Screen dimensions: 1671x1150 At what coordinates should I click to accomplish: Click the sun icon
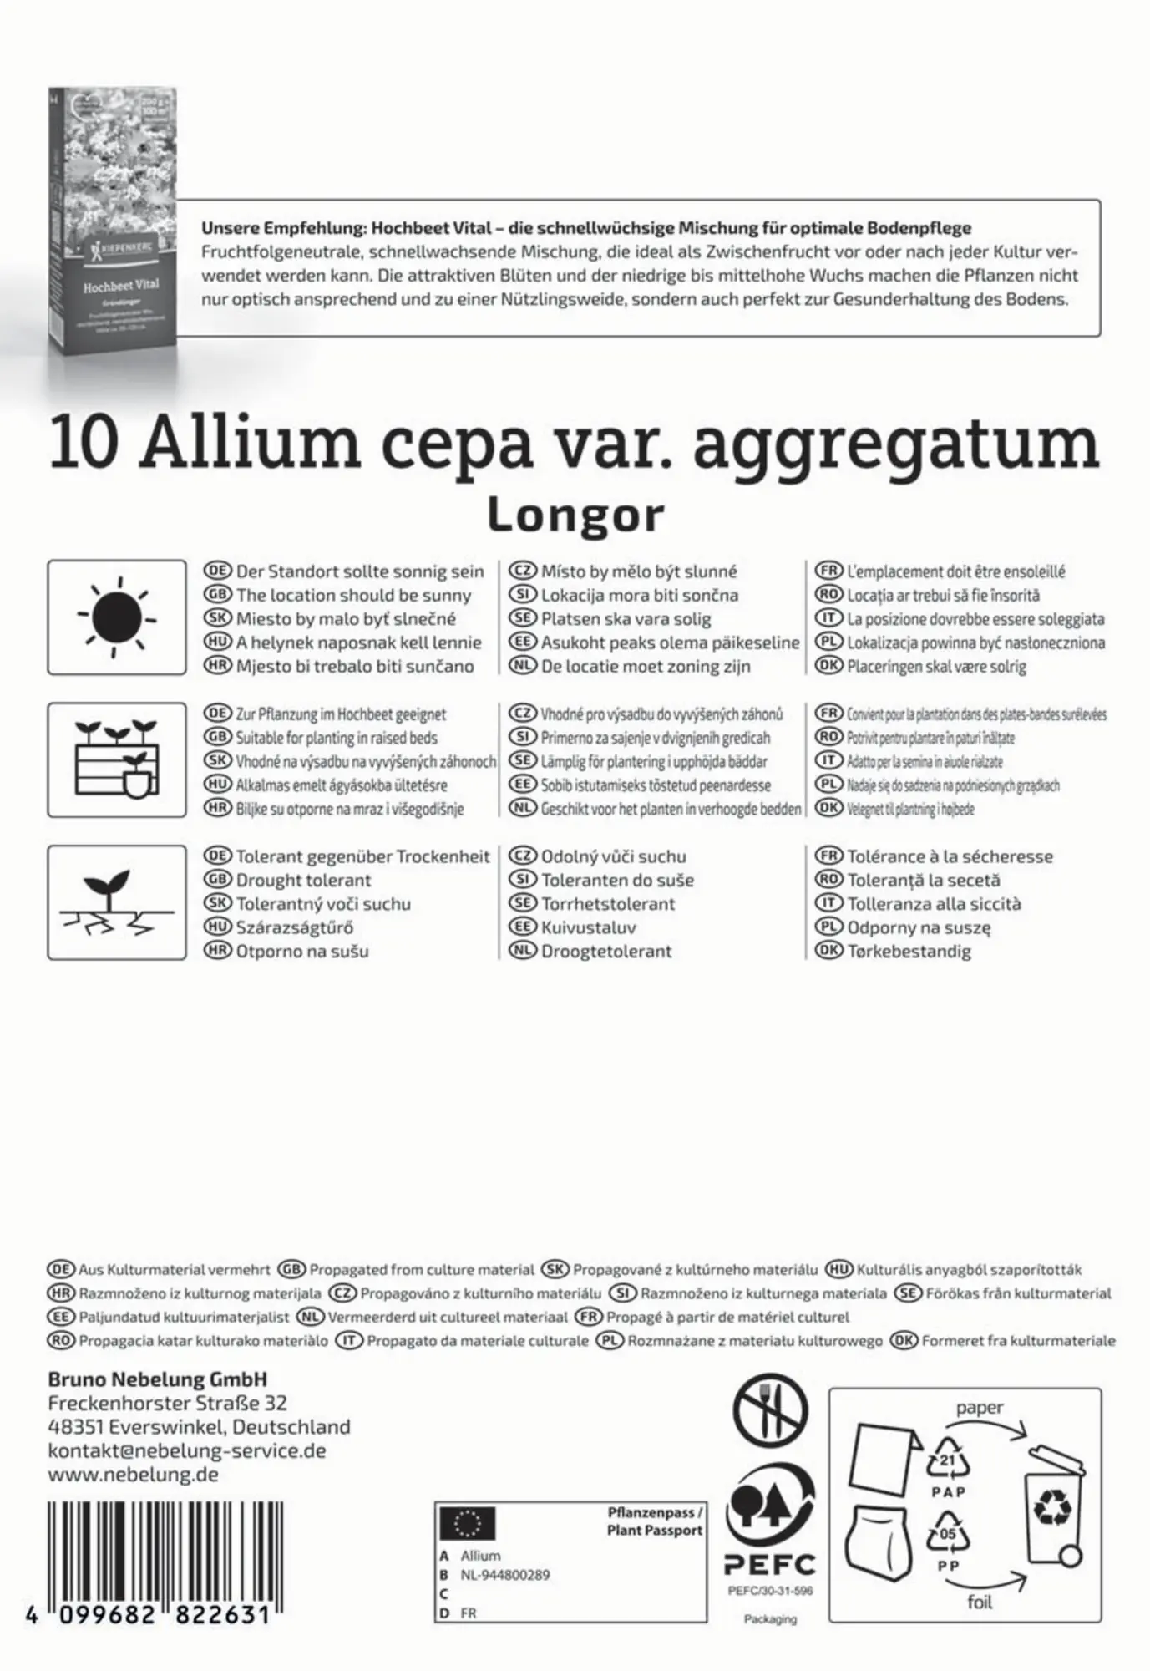click(117, 617)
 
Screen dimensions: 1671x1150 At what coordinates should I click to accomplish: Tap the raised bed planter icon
click(117, 759)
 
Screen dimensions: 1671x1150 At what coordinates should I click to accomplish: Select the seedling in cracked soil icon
click(117, 902)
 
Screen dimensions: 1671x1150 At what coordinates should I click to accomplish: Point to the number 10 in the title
click(84, 445)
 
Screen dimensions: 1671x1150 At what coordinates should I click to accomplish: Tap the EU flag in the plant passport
click(467, 1524)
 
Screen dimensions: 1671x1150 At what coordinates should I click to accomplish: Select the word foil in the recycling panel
click(980, 1602)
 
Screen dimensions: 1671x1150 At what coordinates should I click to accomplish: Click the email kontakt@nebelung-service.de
click(187, 1450)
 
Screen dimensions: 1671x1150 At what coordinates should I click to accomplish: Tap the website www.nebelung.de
click(133, 1474)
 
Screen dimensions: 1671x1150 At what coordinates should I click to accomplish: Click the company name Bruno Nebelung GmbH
click(157, 1379)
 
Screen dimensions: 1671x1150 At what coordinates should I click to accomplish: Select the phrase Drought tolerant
click(303, 880)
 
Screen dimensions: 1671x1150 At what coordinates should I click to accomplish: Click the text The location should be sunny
click(353, 595)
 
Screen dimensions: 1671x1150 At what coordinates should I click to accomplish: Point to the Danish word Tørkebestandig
click(909, 951)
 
